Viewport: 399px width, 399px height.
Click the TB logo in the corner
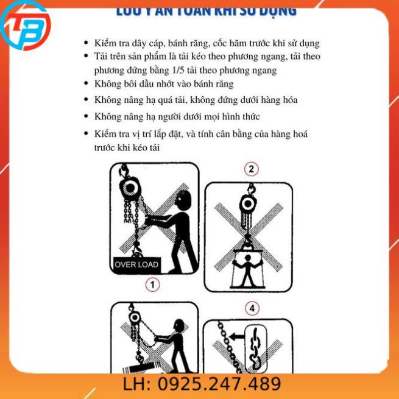(x=26, y=26)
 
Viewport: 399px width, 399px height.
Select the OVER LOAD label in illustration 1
(x=137, y=264)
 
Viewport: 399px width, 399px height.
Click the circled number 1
(x=152, y=284)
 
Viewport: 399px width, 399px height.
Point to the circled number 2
(x=250, y=169)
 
